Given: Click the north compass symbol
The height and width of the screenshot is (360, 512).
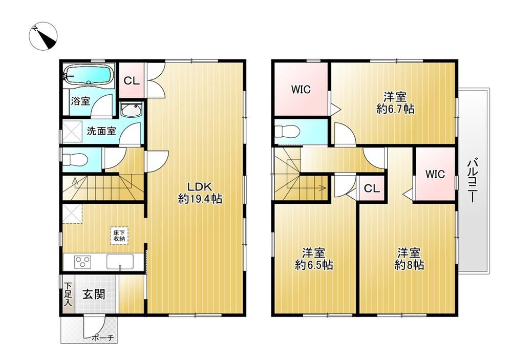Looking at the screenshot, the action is [44, 36].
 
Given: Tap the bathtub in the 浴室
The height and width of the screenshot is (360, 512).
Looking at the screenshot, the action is [88, 75].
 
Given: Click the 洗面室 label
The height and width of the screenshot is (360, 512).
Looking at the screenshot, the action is [101, 131].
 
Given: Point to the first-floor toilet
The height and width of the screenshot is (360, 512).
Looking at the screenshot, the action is [75, 160].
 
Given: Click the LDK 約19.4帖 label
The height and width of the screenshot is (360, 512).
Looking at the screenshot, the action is [200, 193].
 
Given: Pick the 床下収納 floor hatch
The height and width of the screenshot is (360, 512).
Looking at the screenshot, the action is [119, 236].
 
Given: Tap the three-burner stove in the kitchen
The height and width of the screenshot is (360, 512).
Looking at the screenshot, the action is [83, 262].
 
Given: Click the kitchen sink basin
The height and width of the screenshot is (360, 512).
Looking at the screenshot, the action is [120, 261].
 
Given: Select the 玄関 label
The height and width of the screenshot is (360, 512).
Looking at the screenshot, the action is [93, 294].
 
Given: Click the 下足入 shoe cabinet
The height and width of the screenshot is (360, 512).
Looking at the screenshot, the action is [68, 294].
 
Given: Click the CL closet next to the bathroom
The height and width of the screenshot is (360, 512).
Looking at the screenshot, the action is [132, 80].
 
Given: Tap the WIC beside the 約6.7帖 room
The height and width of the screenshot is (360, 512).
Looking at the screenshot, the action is [301, 89].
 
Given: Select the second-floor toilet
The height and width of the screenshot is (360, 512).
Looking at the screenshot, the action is [287, 131].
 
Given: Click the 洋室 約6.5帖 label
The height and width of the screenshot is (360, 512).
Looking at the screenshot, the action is [314, 259].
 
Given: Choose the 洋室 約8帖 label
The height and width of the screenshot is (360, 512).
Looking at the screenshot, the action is [409, 259].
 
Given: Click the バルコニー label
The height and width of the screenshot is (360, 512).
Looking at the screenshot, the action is [473, 181].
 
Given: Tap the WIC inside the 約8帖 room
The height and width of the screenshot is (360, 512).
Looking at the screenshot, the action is [435, 174].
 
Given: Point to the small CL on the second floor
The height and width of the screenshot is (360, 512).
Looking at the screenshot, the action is [372, 188].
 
